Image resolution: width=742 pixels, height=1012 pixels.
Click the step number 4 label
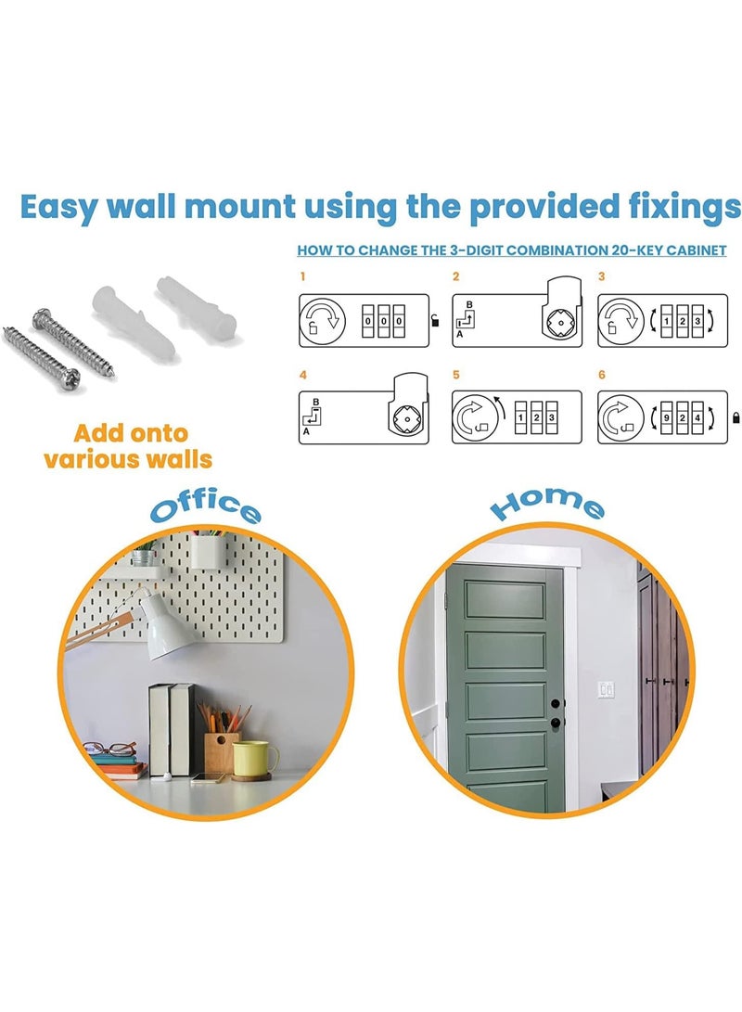pyautogui.click(x=302, y=376)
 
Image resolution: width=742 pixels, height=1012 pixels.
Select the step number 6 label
pyautogui.click(x=602, y=376)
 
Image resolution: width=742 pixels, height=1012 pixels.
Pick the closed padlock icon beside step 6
pyautogui.click(x=736, y=416)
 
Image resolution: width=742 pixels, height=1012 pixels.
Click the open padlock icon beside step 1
pyautogui.click(x=436, y=322)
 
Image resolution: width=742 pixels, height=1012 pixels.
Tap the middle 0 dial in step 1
pyautogui.click(x=383, y=321)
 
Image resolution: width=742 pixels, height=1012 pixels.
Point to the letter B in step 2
pyautogui.click(x=468, y=304)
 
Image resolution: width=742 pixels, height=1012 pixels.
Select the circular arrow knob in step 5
pyautogui.click(x=472, y=417)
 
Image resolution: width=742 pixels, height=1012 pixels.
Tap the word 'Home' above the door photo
pyautogui.click(x=547, y=504)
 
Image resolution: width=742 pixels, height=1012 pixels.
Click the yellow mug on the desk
pyautogui.click(x=254, y=758)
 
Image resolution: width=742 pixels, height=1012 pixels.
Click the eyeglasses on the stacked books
pyautogui.click(x=109, y=748)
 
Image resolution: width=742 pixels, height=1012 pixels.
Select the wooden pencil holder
pyautogui.click(x=221, y=749)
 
